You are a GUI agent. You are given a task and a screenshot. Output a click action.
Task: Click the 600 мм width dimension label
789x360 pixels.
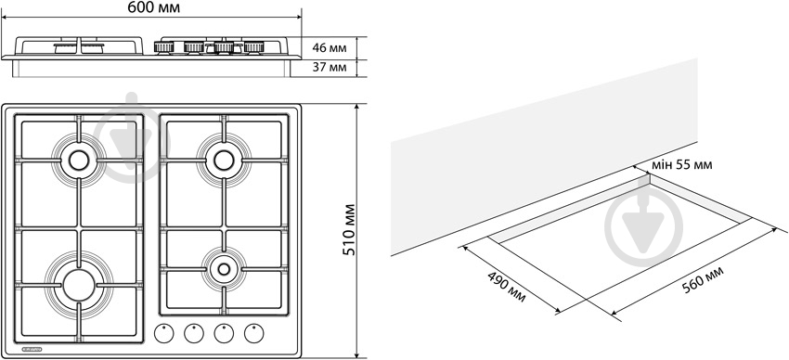click(153, 7)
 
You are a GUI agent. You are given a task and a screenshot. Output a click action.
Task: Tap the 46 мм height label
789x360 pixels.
click(330, 48)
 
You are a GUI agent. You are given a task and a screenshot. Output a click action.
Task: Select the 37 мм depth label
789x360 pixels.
click(330, 67)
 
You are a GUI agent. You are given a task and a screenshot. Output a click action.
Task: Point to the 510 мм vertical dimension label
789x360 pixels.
click(349, 230)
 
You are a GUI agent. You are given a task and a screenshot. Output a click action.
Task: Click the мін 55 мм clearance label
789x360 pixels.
click(682, 165)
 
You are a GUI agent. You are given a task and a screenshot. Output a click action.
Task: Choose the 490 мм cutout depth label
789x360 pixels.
click(507, 287)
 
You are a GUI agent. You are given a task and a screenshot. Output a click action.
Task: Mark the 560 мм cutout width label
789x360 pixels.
click(704, 280)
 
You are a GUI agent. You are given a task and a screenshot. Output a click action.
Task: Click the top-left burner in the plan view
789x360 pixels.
click(79, 161)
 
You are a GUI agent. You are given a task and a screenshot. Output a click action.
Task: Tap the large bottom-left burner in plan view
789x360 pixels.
click(79, 285)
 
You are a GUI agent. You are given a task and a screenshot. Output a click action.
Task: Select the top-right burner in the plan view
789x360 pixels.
click(224, 161)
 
